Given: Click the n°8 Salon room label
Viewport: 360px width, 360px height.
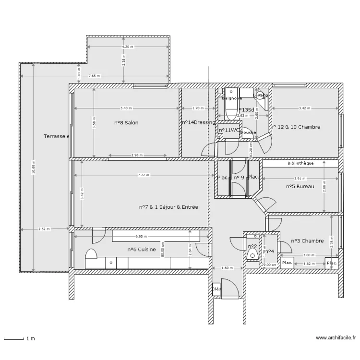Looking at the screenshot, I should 126,123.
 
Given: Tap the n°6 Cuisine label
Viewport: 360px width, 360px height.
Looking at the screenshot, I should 142,250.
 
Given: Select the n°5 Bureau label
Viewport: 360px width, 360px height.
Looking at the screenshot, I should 300,187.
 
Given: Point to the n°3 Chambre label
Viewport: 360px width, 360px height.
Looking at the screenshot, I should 307,241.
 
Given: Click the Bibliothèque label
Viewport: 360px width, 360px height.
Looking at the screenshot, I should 300,163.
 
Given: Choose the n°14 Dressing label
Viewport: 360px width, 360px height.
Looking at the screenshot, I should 198,123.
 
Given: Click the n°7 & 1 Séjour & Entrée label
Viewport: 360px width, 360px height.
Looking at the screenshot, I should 168,207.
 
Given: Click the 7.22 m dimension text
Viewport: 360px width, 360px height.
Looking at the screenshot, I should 143,175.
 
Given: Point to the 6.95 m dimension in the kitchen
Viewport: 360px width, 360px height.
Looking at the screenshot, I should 141,237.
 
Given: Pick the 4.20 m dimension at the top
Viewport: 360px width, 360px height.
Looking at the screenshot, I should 128,47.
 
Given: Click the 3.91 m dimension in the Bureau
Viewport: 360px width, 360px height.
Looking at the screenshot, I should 300,178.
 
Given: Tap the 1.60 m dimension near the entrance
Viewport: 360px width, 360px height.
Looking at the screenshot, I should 227,268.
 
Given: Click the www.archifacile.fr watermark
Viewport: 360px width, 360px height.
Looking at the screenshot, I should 336,338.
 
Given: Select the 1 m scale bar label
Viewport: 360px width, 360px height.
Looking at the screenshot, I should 30,339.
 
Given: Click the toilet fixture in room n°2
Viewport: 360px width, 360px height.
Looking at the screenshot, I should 252,254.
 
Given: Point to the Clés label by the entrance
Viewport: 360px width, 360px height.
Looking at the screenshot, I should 216,289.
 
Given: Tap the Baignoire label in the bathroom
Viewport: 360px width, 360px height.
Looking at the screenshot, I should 231,98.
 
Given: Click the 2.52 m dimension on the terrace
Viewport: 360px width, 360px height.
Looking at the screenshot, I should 44,229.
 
